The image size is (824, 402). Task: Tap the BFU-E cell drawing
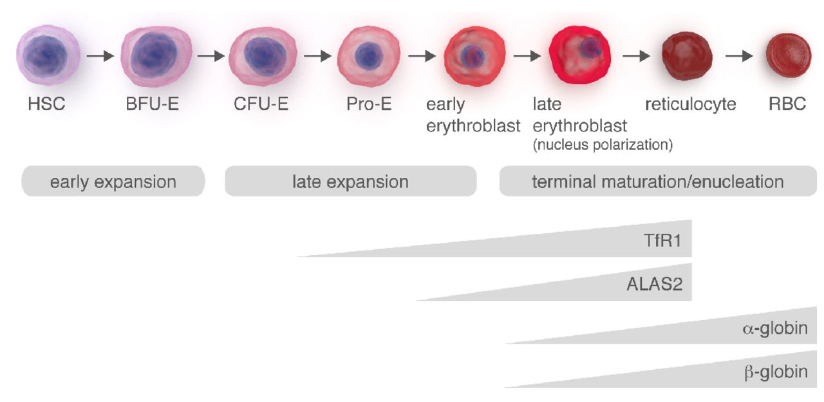[x=156, y=57]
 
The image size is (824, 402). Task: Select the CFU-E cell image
[x=263, y=57]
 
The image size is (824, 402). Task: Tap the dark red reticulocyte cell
[x=687, y=57]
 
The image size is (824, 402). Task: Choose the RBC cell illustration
[x=788, y=57]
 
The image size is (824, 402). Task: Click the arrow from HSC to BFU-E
[x=100, y=57]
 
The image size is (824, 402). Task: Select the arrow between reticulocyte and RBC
[x=739, y=57]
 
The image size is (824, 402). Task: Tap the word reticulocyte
[x=691, y=104]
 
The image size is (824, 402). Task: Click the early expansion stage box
[x=113, y=182]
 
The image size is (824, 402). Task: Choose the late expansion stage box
[x=350, y=182]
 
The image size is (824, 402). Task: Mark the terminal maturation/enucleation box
[x=657, y=182]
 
